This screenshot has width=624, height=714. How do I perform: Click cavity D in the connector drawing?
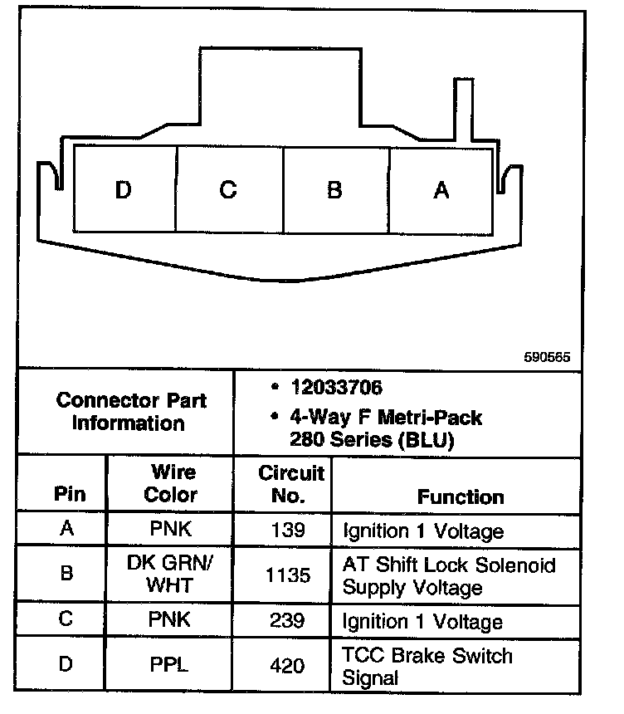(124, 190)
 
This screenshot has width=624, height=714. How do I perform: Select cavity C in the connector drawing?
(228, 190)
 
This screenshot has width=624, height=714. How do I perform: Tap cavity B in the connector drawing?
(334, 190)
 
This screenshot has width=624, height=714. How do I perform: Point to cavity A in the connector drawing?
(441, 190)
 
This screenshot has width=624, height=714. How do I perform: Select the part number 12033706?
(335, 388)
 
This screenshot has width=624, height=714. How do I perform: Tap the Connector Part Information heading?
(131, 412)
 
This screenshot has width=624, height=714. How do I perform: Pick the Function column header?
(461, 496)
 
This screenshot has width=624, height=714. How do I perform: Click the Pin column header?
(70, 495)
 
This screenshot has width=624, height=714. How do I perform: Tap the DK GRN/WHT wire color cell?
(170, 574)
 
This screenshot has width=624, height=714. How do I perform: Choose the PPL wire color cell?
(170, 665)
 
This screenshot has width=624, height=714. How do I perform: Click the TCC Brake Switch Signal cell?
(427, 666)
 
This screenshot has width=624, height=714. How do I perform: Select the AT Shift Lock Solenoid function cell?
(448, 575)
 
